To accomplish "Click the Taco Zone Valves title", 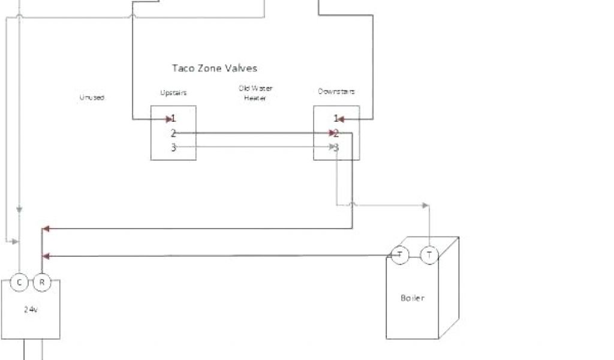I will [215, 68].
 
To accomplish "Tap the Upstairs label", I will [173, 92].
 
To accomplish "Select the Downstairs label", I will [336, 92].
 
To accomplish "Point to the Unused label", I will [92, 97].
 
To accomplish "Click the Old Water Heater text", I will [255, 93].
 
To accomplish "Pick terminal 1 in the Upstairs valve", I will [173, 118].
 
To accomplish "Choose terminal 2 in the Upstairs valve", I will [173, 133].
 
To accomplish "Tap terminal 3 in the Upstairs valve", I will [173, 147].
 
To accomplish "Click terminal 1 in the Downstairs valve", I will [336, 118].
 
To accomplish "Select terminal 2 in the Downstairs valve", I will [336, 133].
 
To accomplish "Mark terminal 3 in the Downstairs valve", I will [336, 147].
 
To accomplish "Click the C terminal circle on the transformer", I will [19, 282].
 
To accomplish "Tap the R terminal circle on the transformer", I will [41, 282].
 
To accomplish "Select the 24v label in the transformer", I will [31, 310].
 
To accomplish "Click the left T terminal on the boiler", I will [399, 255].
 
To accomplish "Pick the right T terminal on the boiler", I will [429, 255].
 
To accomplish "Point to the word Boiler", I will [412, 298].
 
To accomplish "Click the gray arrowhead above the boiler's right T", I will [426, 206].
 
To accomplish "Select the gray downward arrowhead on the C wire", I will [19, 210].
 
